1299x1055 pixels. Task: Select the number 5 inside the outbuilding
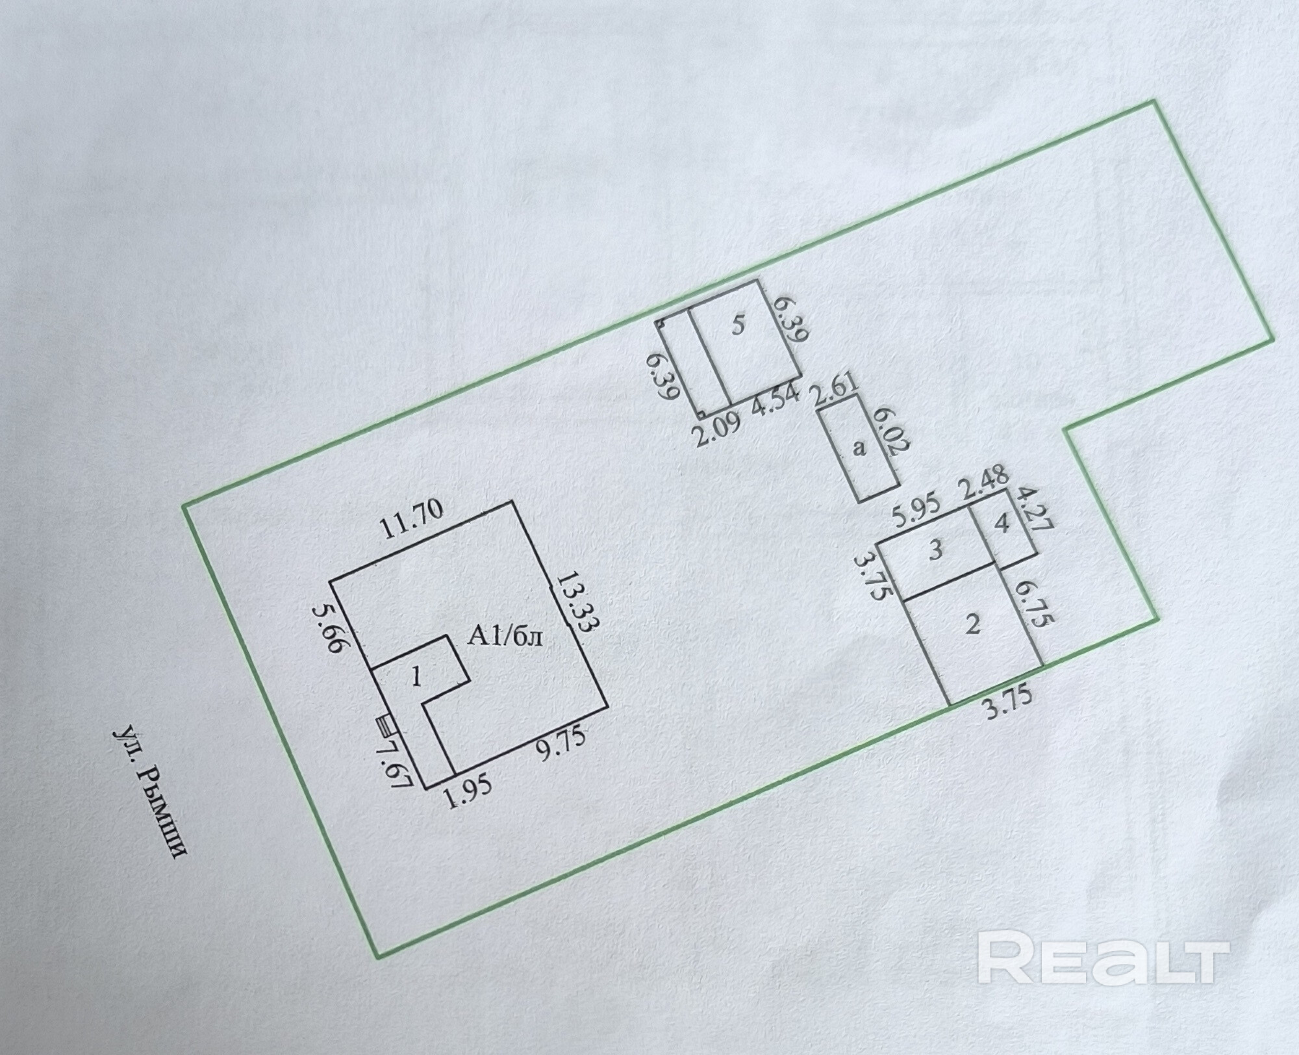[x=737, y=325]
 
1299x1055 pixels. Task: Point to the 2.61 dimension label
[x=836, y=392]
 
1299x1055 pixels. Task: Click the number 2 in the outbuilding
[x=972, y=624]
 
